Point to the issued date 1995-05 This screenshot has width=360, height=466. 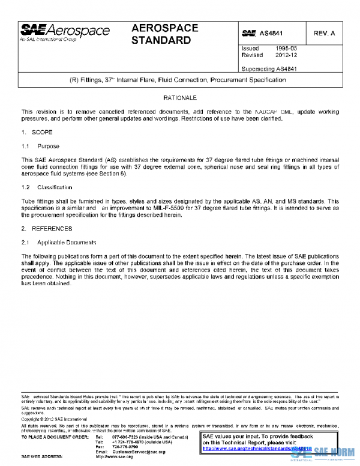click(x=286, y=48)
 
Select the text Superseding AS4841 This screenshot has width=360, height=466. click(x=269, y=68)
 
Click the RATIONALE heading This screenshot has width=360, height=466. click(x=179, y=97)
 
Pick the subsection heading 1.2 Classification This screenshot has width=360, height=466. click(x=50, y=188)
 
